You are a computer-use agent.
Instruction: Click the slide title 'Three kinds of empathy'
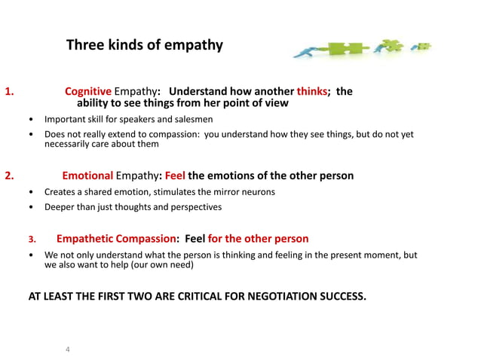click(145, 45)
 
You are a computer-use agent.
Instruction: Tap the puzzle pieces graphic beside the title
click(361, 49)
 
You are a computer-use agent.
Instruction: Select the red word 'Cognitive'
click(88, 91)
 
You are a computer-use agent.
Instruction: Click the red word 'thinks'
click(312, 91)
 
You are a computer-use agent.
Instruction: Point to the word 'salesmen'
click(191, 119)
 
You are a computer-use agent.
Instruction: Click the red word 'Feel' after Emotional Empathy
click(180, 176)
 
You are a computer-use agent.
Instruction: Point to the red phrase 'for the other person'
click(258, 239)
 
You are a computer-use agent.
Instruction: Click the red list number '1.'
click(10, 92)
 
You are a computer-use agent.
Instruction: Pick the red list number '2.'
click(10, 176)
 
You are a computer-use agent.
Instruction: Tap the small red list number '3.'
click(32, 239)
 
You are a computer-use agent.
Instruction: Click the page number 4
click(68, 349)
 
